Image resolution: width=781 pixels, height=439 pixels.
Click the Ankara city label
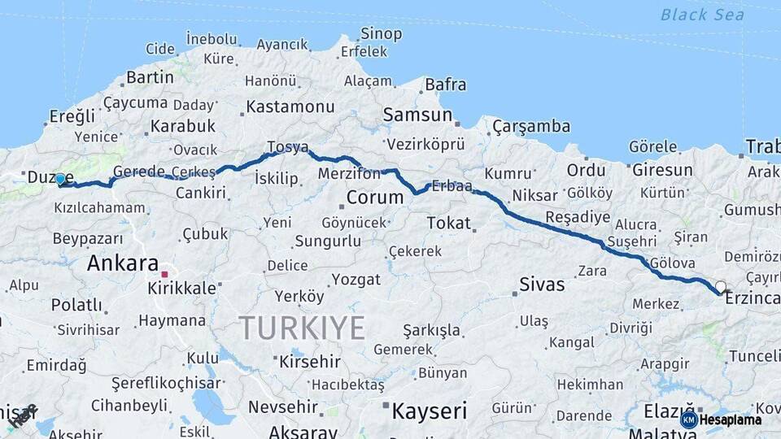pyautogui.click(x=122, y=263)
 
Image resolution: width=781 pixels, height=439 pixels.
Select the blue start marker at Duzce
pyautogui.click(x=60, y=179)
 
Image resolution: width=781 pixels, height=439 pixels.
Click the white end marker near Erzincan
pyautogui.click(x=720, y=287)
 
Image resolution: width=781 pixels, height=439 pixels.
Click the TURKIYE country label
pyautogui.click(x=302, y=328)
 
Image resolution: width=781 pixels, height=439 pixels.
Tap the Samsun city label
pyautogui.click(x=417, y=115)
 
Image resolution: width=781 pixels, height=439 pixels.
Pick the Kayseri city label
pyautogui.click(x=429, y=411)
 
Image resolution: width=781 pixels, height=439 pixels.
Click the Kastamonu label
pyautogui.click(x=290, y=106)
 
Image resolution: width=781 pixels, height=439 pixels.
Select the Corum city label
pyautogui.click(x=374, y=198)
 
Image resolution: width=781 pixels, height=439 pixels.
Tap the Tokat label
pyautogui.click(x=448, y=223)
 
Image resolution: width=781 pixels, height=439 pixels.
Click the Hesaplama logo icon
pyautogui.click(x=689, y=419)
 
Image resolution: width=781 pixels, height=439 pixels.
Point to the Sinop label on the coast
pyautogui.click(x=381, y=34)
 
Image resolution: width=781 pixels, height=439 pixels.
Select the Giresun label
pyautogui.click(x=661, y=170)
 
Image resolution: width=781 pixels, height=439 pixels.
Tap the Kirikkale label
pyautogui.click(x=181, y=289)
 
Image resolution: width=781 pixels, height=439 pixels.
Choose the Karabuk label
pyautogui.click(x=182, y=126)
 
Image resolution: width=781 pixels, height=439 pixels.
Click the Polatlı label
pyautogui.click(x=76, y=306)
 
